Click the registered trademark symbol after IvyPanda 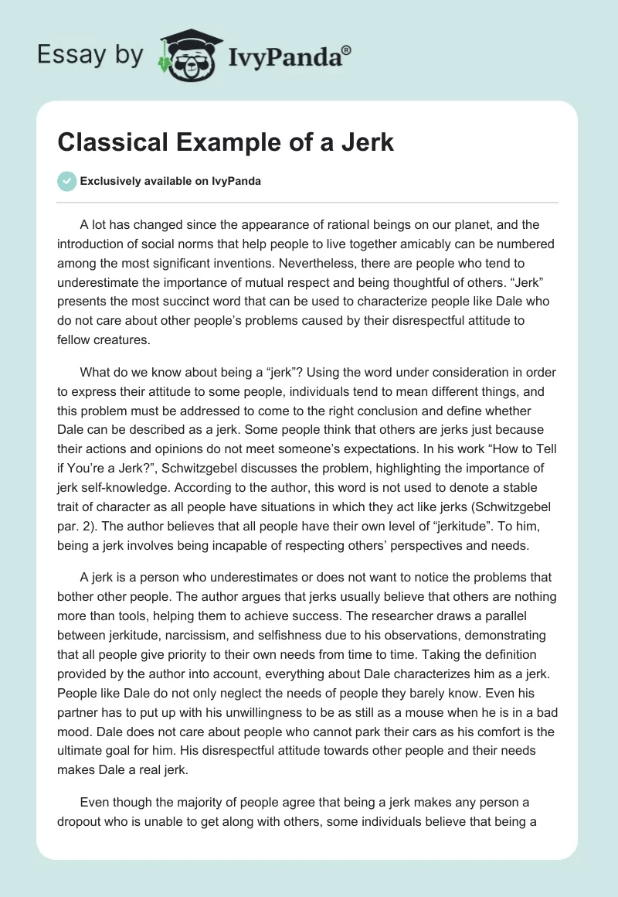tap(347, 49)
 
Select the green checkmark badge tap(66, 181)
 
